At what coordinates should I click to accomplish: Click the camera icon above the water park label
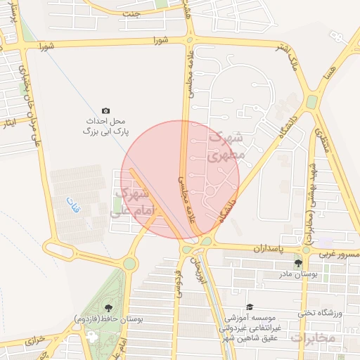105,110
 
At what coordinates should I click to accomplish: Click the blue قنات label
73,206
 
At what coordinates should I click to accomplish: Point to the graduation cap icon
250,307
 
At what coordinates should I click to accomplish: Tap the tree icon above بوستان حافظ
108,307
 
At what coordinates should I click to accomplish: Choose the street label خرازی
35,340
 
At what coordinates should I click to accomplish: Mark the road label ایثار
9,123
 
